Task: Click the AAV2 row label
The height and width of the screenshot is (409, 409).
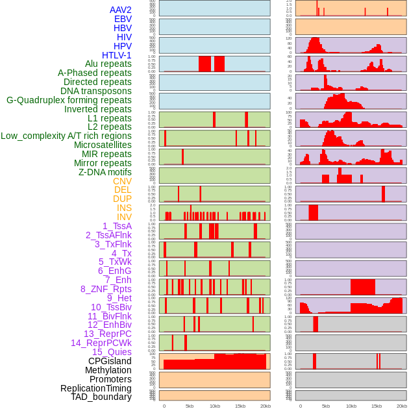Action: pyautogui.click(x=120, y=10)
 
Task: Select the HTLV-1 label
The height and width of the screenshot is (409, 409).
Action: pyautogui.click(x=117, y=55)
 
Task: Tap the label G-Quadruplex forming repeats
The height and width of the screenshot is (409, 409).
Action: pyautogui.click(x=69, y=100)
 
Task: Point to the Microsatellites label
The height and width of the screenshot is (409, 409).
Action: pyautogui.click(x=103, y=145)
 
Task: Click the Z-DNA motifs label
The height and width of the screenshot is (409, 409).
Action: pyautogui.click(x=105, y=172)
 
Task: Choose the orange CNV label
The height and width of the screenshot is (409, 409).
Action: pyautogui.click(x=122, y=181)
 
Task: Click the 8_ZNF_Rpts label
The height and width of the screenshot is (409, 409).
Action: pyautogui.click(x=106, y=289)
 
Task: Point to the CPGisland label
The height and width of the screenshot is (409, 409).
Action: pyautogui.click(x=110, y=361)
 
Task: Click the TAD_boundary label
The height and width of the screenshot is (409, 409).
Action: pyautogui.click(x=101, y=397)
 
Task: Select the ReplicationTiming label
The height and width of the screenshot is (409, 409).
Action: pyautogui.click(x=95, y=388)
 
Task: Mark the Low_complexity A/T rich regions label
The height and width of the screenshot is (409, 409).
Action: pyautogui.click(x=66, y=136)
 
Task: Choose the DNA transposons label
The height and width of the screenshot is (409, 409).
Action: pyautogui.click(x=96, y=91)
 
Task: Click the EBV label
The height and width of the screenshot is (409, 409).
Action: pyautogui.click(x=123, y=19)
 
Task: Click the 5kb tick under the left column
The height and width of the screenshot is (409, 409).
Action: pyautogui.click(x=190, y=406)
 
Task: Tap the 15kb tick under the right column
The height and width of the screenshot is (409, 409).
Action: pyautogui.click(x=377, y=406)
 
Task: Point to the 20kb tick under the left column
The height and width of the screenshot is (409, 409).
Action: pyautogui.click(x=266, y=406)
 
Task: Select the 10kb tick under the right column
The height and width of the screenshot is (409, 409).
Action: pyautogui.click(x=351, y=406)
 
